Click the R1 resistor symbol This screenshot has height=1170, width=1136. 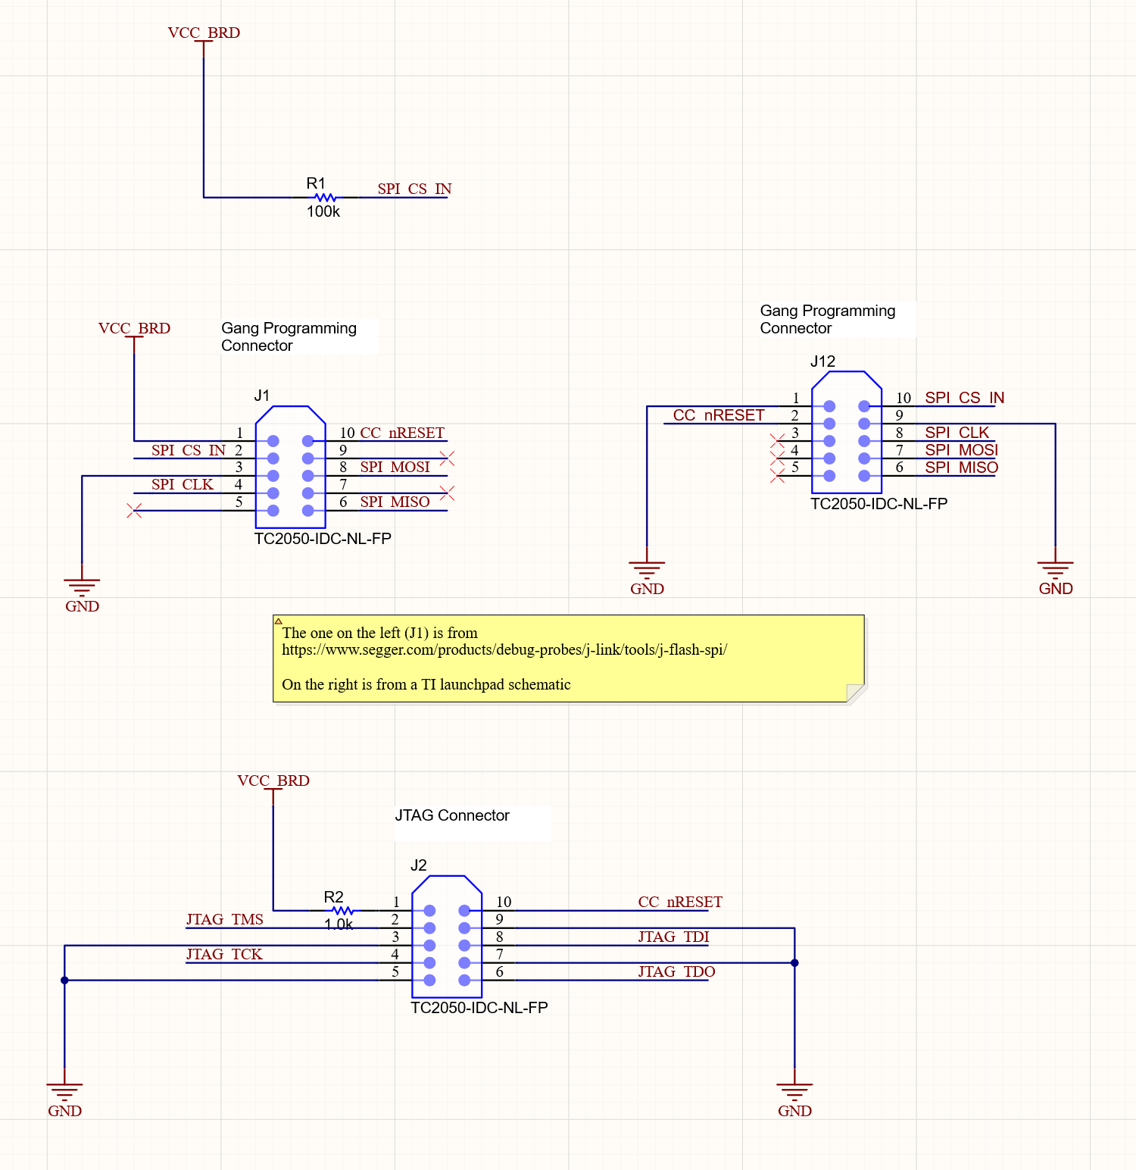coord(325,197)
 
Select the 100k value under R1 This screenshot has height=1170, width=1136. coord(323,212)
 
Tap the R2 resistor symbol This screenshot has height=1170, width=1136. coord(342,910)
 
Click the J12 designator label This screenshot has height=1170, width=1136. coord(822,361)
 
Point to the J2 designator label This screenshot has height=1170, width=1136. coord(419,865)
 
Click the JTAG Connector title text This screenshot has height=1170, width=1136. coord(452,815)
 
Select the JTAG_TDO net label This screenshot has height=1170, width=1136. coord(676,971)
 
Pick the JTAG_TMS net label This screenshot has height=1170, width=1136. coord(225,919)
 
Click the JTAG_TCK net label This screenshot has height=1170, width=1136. coord(224,954)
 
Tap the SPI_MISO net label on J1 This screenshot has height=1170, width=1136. coord(395,502)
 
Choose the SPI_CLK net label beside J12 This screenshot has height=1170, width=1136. coord(957,433)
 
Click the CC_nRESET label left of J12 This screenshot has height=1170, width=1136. coord(719,415)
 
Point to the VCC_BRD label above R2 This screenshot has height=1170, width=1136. coord(273,781)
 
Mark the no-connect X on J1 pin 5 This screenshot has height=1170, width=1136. coord(135,511)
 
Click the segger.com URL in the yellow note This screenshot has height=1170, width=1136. coord(504,649)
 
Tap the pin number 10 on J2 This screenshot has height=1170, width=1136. coord(504,902)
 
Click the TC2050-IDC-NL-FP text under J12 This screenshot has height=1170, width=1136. coord(879,504)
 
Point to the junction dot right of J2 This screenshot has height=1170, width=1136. coord(794,963)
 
